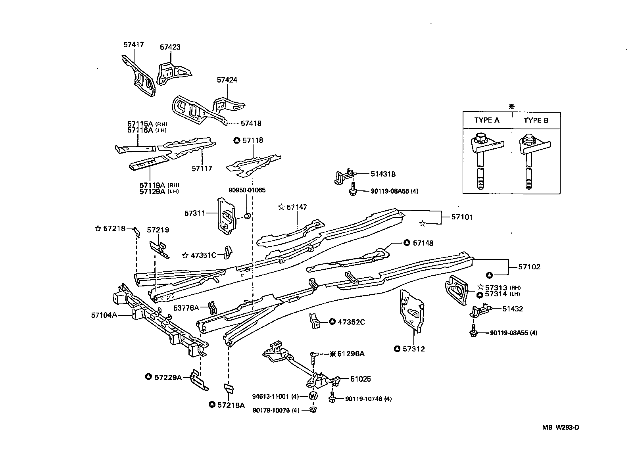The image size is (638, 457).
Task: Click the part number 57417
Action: (133, 45)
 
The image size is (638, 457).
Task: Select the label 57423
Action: (170, 47)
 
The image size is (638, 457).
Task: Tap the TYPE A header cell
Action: (486, 120)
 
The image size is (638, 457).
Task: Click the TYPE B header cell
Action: (536, 120)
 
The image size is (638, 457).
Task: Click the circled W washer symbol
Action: (313, 396)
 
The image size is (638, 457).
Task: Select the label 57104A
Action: (104, 315)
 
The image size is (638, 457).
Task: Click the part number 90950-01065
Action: (247, 190)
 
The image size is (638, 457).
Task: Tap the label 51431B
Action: (383, 174)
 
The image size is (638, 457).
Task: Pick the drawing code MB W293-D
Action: (561, 427)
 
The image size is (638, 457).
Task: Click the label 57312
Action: (413, 349)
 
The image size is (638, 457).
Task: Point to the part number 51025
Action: (361, 379)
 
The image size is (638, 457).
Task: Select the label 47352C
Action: (351, 322)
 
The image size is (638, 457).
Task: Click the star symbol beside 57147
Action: (281, 207)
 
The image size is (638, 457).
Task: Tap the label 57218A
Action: (231, 405)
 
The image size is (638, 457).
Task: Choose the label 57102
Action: (529, 267)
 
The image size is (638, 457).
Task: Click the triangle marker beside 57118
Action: (236, 140)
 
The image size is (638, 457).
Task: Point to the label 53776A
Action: (186, 307)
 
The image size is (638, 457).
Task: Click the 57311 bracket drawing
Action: (227, 215)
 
